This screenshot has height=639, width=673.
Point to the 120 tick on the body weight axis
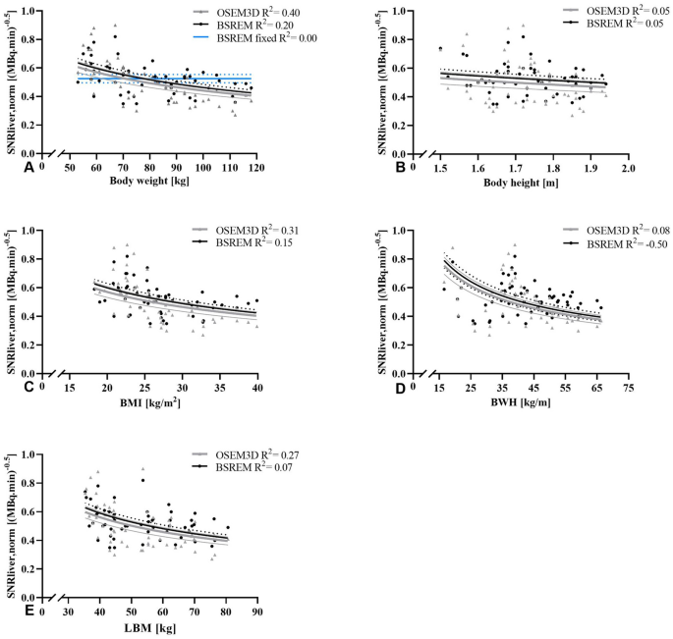tap(256, 169)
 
